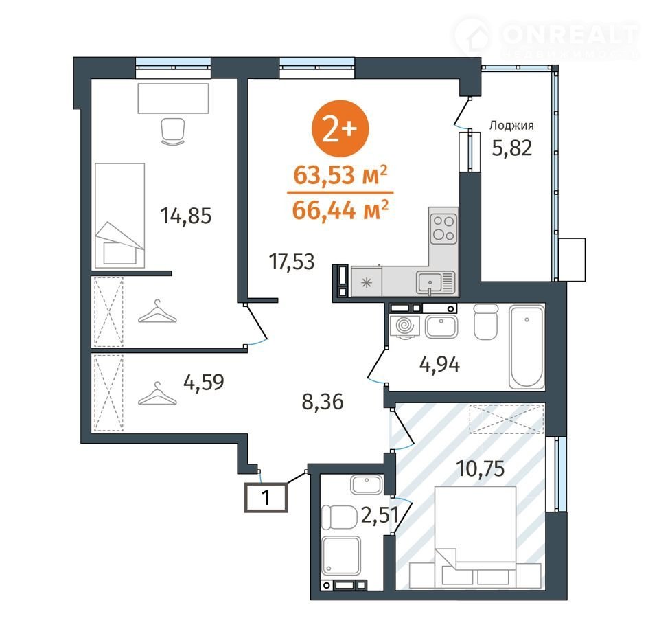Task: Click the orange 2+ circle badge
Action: coord(340,128)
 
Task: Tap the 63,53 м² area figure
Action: coord(340,174)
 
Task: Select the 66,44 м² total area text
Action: coord(340,210)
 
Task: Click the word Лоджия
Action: coord(511,125)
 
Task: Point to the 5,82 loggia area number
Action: coord(512,148)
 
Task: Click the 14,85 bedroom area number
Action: coord(186,216)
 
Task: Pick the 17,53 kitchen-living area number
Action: coord(292,262)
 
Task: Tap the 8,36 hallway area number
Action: coord(323,402)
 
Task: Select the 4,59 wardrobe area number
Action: coord(204,382)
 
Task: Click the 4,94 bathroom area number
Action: coord(439,364)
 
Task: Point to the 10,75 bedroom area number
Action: coord(481,468)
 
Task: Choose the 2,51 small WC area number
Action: coord(379,515)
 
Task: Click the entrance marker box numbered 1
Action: coord(266,497)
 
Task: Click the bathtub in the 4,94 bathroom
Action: coord(527,347)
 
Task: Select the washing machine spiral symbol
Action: coord(405,326)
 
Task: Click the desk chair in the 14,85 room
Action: coord(173,131)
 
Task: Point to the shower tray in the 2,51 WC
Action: coord(341,556)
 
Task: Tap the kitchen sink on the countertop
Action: coord(430,282)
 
